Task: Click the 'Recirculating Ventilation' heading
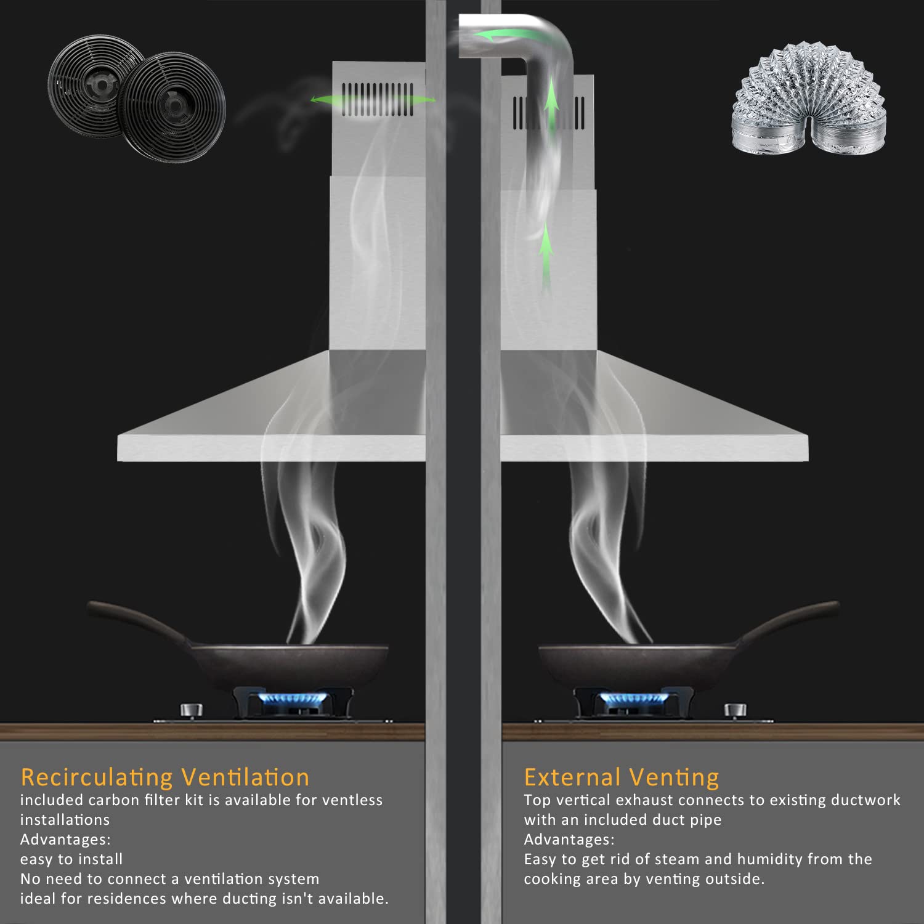coord(164,777)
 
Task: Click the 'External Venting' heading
coord(621,777)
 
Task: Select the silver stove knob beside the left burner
coord(191,710)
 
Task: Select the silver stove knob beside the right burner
coord(736,710)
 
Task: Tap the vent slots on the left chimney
coord(378,99)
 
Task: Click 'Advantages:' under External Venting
coord(569,840)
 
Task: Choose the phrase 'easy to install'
coord(71,859)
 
